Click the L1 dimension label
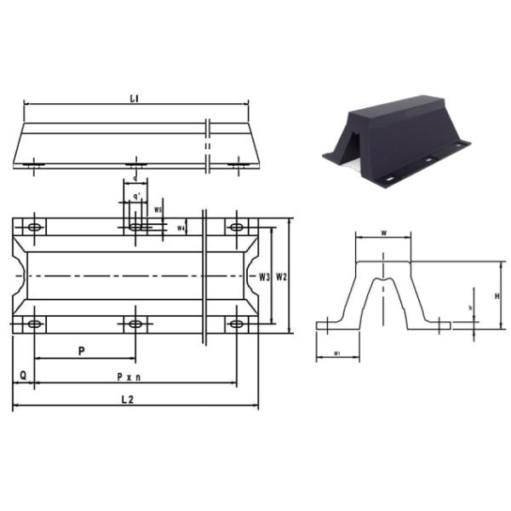coord(134,99)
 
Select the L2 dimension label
coord(127,399)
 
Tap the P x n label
coord(129,376)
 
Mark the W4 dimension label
coord(181,227)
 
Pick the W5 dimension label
coord(158,209)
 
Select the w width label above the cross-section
coord(384,231)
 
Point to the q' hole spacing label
coord(135,196)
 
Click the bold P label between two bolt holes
coord(81,350)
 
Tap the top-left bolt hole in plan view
coord(34,227)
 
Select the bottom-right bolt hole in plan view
coord(236,324)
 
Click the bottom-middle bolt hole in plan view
coord(135,324)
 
